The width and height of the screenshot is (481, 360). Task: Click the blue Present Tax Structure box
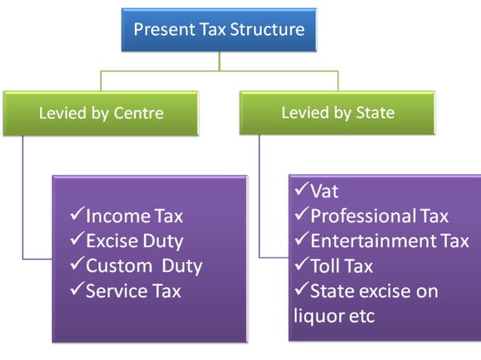(219, 31)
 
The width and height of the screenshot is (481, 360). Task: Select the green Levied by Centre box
(102, 113)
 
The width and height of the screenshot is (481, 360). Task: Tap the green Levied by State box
(337, 113)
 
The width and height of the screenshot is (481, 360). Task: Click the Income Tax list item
(134, 216)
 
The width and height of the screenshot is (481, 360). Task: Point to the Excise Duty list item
(134, 241)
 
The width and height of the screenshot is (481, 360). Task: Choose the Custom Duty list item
(143, 266)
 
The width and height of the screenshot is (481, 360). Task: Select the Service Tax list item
(133, 291)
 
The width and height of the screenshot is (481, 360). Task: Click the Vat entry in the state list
(324, 191)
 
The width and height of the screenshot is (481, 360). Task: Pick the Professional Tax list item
(379, 216)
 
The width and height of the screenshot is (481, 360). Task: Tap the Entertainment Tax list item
(389, 241)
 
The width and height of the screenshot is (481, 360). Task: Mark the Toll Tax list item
(342, 266)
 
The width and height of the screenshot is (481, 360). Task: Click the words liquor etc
(334, 316)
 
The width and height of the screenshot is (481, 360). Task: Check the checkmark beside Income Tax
(76, 216)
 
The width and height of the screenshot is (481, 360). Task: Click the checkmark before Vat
(301, 191)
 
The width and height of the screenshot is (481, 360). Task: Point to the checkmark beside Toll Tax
(301, 266)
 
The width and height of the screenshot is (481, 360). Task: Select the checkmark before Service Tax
(76, 291)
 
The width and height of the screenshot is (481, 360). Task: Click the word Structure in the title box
(268, 30)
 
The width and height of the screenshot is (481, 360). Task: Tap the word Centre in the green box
(139, 113)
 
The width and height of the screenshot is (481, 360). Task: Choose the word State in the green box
(375, 113)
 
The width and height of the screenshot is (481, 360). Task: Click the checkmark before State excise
(301, 291)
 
